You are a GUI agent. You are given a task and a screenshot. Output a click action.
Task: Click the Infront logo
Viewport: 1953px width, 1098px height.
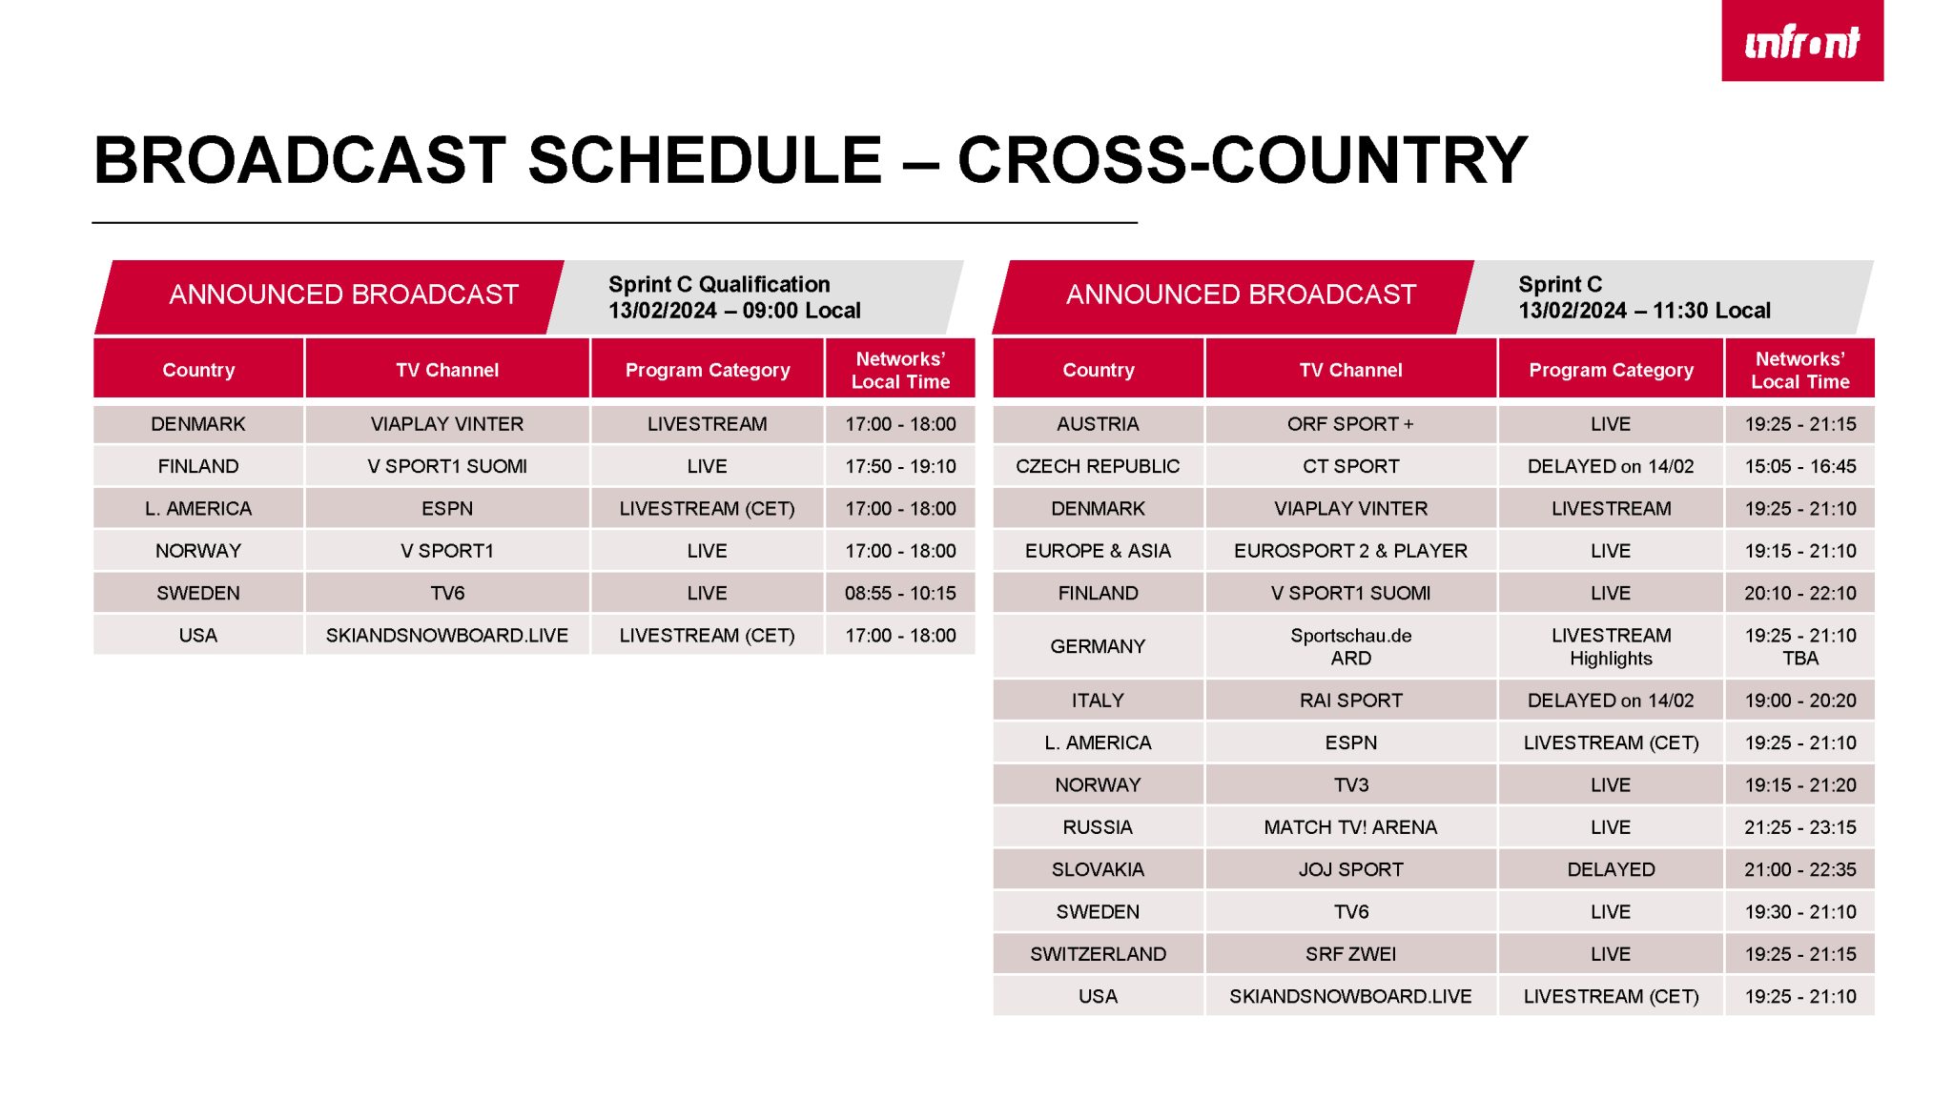tap(1801, 40)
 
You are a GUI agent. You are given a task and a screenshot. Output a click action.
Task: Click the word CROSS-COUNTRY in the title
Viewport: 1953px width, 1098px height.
tap(1242, 159)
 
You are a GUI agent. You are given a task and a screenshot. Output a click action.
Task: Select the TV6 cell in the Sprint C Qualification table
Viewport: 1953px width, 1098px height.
tap(447, 593)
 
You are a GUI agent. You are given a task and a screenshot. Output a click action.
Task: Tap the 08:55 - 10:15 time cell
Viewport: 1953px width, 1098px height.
tap(900, 593)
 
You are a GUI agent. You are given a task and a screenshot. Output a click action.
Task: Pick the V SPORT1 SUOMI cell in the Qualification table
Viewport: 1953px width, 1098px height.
tap(447, 466)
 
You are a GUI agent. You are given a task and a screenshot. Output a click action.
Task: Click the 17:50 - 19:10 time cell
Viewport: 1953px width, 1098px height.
tap(900, 466)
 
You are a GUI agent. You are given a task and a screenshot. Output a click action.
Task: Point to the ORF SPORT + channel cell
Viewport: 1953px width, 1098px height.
tap(1350, 424)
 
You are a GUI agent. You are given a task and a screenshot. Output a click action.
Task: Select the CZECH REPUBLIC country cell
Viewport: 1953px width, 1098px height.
tap(1098, 466)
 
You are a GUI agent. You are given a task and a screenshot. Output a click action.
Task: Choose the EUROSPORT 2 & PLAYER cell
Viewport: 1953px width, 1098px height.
tap(1350, 551)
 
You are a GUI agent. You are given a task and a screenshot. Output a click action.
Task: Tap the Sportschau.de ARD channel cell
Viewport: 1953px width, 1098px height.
tap(1350, 646)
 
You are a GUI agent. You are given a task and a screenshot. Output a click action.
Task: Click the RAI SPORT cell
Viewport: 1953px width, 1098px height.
tap(1350, 701)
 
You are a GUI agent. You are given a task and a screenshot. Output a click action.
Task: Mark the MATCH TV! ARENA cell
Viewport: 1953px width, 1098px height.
tap(1350, 827)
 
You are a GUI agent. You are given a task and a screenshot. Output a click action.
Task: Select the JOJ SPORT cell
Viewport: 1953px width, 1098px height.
tap(1350, 869)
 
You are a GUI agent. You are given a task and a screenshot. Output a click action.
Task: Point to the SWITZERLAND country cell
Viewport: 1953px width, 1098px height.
tap(1098, 954)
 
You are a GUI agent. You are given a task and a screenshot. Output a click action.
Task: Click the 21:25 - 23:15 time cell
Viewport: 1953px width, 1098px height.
tap(1800, 827)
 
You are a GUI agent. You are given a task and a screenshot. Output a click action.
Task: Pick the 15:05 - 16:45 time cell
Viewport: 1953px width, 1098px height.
tap(1800, 466)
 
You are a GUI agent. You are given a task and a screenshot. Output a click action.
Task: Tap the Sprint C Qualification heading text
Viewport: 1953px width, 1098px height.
tap(719, 284)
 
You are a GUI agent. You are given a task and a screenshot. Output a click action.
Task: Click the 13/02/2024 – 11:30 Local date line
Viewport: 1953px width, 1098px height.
tap(1644, 311)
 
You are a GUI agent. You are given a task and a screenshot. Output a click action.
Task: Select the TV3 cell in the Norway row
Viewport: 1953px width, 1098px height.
tap(1350, 785)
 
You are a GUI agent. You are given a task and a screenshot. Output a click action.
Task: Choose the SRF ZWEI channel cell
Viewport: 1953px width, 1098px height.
tap(1350, 954)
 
